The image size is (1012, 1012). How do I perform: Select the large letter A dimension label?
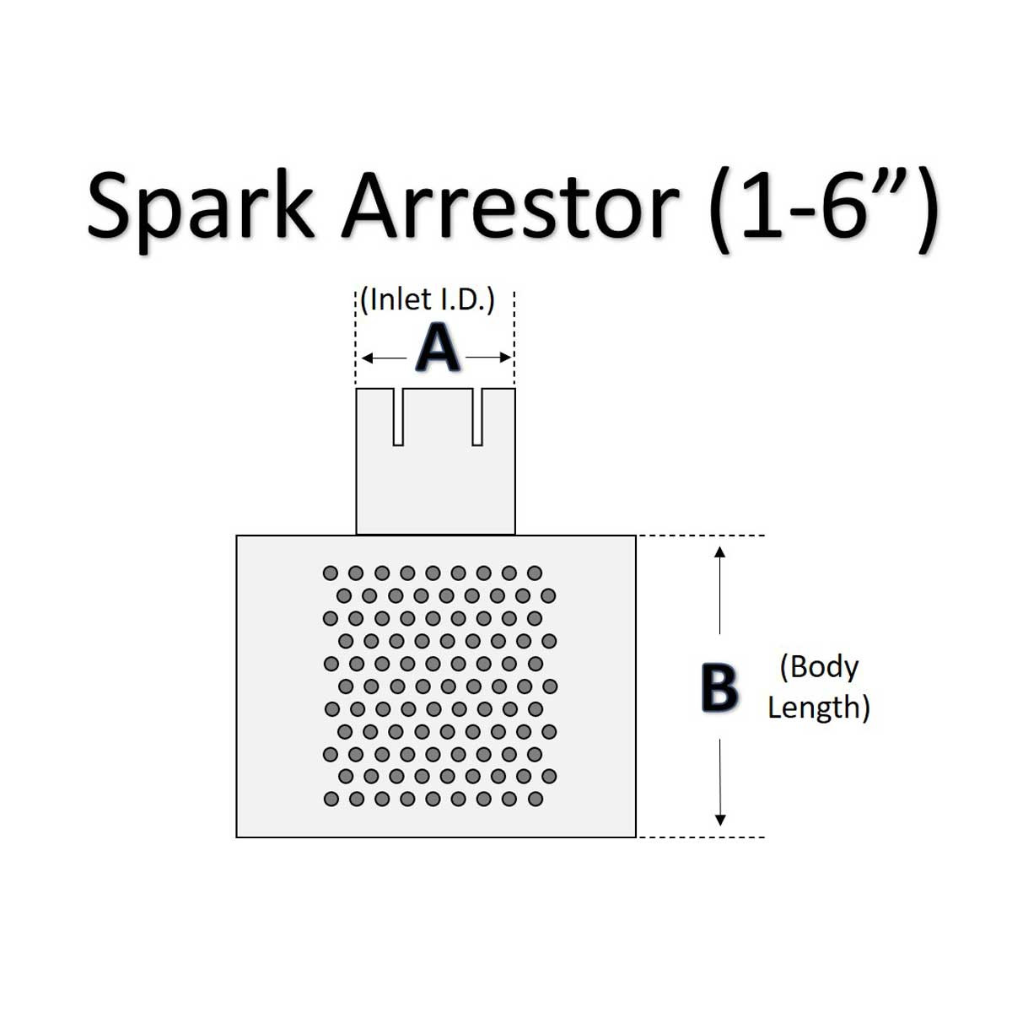click(438, 349)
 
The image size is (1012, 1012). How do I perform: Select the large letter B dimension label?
click(719, 687)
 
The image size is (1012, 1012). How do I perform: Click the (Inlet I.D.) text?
click(428, 299)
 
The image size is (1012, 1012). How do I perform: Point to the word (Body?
click(819, 666)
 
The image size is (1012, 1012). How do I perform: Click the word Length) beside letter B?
click(818, 707)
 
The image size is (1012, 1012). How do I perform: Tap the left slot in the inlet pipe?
click(398, 417)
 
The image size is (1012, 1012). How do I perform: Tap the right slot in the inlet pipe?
click(477, 417)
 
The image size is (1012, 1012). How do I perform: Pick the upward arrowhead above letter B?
click(719, 552)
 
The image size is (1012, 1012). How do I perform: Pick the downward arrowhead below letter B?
click(719, 820)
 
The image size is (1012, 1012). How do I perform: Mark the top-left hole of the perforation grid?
click(331, 573)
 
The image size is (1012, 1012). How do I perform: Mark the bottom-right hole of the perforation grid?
click(535, 799)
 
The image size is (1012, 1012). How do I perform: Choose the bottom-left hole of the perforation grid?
click(331, 799)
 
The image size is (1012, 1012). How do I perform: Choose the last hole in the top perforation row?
click(535, 573)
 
